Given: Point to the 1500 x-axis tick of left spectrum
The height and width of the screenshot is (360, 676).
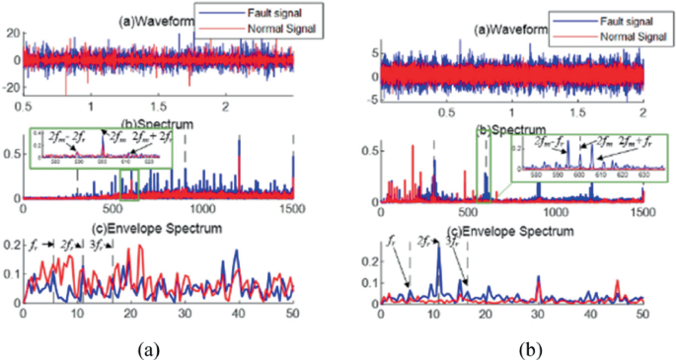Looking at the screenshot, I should pos(292,210).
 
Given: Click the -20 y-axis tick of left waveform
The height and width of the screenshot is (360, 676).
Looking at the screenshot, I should pos(11,87).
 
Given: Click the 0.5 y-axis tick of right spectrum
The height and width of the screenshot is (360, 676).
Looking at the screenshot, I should pos(367,151).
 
